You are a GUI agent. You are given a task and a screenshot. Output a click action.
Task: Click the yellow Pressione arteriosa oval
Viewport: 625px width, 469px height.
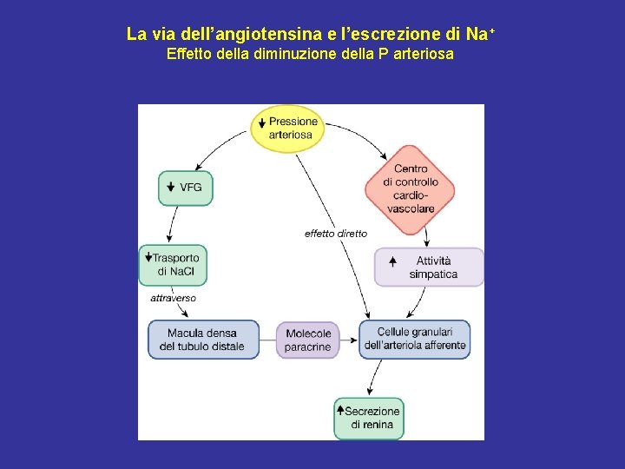tap(286, 129)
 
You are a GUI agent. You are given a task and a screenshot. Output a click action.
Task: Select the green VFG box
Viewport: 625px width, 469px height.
tap(185, 188)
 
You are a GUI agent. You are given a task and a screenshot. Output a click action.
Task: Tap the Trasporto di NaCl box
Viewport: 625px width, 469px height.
tap(173, 264)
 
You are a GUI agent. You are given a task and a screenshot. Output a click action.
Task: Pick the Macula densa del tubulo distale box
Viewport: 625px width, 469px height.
tap(203, 340)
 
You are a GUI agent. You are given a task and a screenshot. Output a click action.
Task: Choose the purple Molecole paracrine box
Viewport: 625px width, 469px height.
tap(307, 340)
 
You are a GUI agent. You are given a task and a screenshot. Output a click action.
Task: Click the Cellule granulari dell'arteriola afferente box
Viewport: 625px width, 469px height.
tap(415, 339)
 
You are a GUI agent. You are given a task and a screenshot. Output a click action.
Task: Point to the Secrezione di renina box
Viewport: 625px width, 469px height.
tap(369, 418)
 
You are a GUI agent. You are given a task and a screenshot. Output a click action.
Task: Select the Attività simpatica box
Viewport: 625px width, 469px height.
tap(429, 268)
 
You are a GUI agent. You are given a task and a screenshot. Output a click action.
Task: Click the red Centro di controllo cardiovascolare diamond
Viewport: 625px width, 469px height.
tap(410, 189)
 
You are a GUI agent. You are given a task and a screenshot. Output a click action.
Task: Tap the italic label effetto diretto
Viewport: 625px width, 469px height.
tap(335, 234)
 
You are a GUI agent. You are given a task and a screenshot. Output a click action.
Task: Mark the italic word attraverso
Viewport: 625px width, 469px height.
tap(173, 298)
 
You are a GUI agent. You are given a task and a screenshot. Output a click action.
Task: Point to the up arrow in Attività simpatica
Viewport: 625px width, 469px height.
tap(393, 261)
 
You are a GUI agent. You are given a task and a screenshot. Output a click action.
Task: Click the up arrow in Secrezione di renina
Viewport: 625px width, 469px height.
tap(340, 411)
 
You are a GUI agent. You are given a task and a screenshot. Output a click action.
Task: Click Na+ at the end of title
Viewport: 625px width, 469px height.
tap(479, 35)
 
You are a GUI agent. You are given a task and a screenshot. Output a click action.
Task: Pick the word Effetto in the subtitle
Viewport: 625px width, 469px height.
tap(187, 55)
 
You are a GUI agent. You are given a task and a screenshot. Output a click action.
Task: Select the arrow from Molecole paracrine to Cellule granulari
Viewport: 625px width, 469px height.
tap(348, 340)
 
